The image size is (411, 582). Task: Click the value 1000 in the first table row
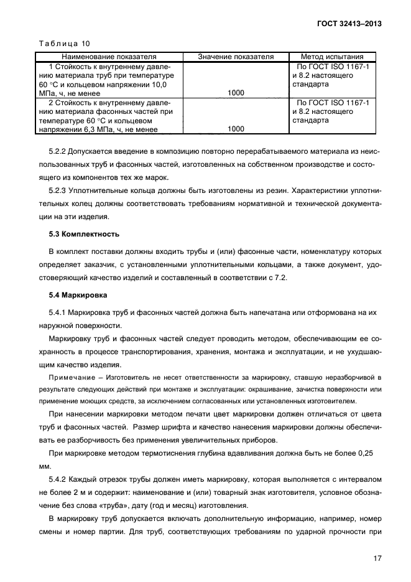(236, 93)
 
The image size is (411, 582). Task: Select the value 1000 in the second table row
(236, 129)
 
